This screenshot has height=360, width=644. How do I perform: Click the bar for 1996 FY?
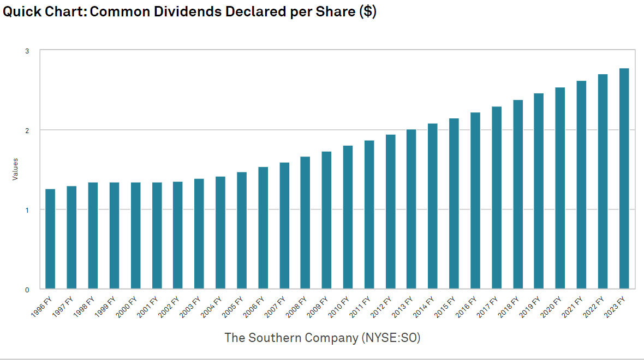coord(50,239)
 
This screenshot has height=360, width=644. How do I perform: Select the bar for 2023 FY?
coord(624,178)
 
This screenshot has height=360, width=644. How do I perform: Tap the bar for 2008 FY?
coord(305,223)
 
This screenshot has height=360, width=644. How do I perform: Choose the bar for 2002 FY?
coord(178,235)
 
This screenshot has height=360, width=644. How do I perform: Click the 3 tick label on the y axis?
coord(27,51)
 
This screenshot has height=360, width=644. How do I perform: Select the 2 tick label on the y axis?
coord(27,130)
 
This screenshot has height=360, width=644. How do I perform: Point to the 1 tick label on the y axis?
coord(27,210)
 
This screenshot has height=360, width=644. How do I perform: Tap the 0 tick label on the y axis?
coord(27,290)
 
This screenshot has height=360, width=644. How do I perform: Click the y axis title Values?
coord(15,170)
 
